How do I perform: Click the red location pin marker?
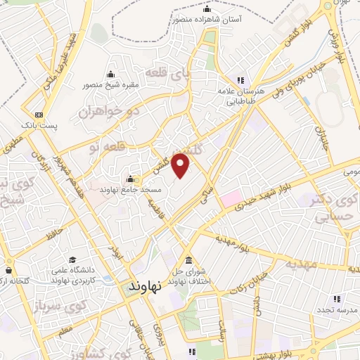click(x=182, y=165)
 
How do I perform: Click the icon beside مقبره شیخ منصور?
click(x=110, y=75)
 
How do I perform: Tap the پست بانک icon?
click(x=38, y=114)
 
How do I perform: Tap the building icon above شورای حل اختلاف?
click(x=188, y=258)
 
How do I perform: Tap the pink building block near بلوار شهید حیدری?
click(x=232, y=198)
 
